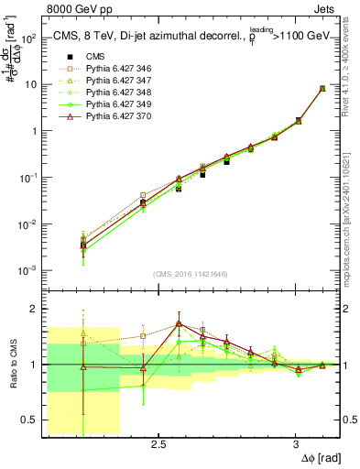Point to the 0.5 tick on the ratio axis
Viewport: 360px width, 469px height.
pos(27,420)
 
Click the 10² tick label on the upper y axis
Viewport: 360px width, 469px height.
pos(27,38)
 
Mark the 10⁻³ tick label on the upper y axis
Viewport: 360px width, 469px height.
pos(27,271)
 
